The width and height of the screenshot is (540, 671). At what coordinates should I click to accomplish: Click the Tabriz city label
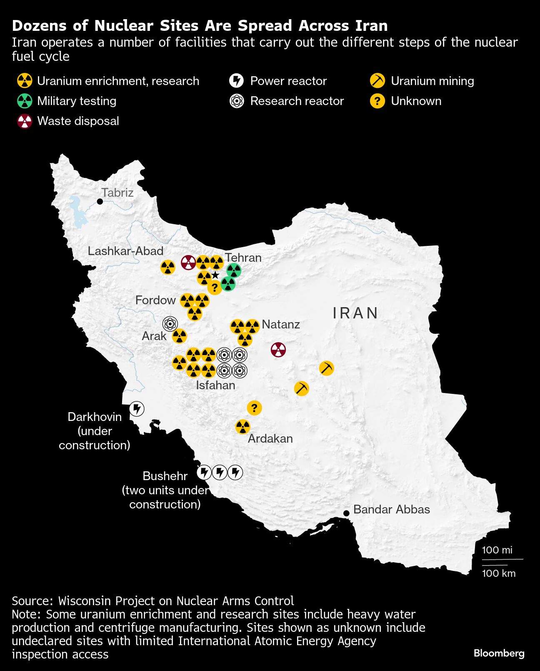tap(117, 193)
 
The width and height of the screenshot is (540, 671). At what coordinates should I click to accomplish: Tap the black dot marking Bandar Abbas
tap(346, 513)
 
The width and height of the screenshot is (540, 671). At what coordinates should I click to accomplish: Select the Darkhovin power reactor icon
tap(137, 409)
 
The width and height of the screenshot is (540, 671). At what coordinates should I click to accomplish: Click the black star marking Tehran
tap(215, 275)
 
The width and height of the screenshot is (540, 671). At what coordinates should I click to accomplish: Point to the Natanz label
tap(280, 324)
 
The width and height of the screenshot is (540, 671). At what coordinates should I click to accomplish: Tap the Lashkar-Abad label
tap(125, 251)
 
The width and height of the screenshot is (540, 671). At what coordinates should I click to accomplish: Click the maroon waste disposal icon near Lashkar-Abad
tap(188, 263)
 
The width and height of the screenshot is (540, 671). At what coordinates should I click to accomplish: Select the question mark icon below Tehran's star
tap(215, 287)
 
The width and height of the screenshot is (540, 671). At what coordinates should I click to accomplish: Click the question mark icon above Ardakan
tap(254, 408)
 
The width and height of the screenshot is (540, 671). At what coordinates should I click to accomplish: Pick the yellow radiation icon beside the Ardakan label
tap(242, 427)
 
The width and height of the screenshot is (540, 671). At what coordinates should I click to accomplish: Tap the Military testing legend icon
tap(25, 101)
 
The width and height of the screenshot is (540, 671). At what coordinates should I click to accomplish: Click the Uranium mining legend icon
tap(377, 80)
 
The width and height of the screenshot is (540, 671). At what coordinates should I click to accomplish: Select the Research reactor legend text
tap(297, 101)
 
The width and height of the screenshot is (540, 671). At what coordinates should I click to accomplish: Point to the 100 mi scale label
tap(497, 550)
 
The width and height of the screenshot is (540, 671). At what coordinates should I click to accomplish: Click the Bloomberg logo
tap(499, 653)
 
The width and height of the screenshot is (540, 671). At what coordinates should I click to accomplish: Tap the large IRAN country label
tap(355, 313)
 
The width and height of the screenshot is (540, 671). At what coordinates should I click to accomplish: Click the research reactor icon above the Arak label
tap(170, 323)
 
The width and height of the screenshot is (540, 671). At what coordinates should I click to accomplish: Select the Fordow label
tap(155, 300)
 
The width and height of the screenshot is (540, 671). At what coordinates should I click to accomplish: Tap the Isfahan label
tap(215, 385)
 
